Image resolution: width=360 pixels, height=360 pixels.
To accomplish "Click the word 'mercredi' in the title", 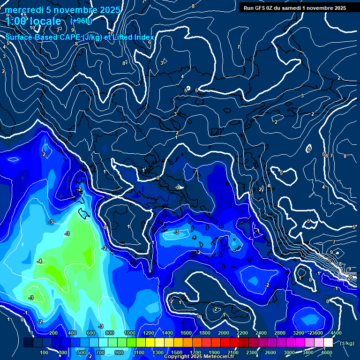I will click(24, 10).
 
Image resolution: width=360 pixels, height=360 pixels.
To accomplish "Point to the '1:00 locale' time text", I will click(34, 21).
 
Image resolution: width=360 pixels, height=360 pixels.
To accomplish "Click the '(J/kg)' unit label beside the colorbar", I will click(347, 344).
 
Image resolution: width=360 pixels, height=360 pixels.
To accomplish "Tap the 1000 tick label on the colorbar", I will click(129, 333).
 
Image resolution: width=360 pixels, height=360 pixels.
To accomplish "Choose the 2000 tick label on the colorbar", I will click(224, 333).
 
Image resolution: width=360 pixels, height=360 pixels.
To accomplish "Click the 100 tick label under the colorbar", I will click(44, 352).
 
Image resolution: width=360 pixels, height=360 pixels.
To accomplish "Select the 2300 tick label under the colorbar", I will click(252, 352).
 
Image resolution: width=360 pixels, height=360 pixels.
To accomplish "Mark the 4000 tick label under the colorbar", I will click(327, 352).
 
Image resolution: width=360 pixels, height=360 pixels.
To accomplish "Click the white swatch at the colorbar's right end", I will click(329, 343).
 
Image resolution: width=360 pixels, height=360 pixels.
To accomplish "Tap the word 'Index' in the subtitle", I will click(143, 37).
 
